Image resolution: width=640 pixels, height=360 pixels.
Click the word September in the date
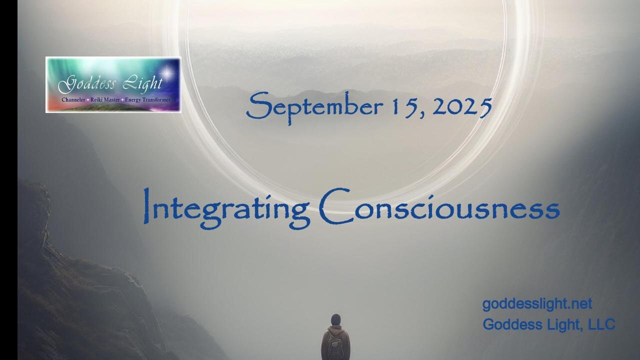(314, 107)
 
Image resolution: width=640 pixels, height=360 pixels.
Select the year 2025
(461, 107)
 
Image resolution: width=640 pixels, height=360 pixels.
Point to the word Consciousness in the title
(439, 206)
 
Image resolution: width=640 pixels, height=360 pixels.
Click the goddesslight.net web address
(537, 304)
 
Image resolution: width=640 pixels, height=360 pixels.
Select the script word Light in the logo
(143, 83)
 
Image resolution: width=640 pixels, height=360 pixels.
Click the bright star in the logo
(167, 72)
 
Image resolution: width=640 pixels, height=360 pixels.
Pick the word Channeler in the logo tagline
(73, 100)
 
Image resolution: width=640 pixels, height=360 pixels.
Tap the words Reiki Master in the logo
(105, 100)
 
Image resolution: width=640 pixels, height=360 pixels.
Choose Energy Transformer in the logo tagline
(147, 100)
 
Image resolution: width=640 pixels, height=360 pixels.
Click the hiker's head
(335, 319)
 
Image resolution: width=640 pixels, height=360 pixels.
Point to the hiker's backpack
(335, 346)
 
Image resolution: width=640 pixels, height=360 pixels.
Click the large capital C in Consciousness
(334, 206)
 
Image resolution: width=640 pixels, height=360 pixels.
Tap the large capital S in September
(258, 105)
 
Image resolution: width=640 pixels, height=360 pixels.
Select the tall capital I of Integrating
(146, 205)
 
